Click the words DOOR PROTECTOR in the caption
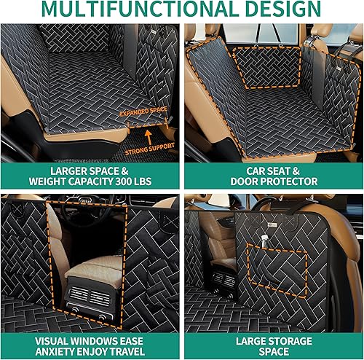point(273,181)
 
